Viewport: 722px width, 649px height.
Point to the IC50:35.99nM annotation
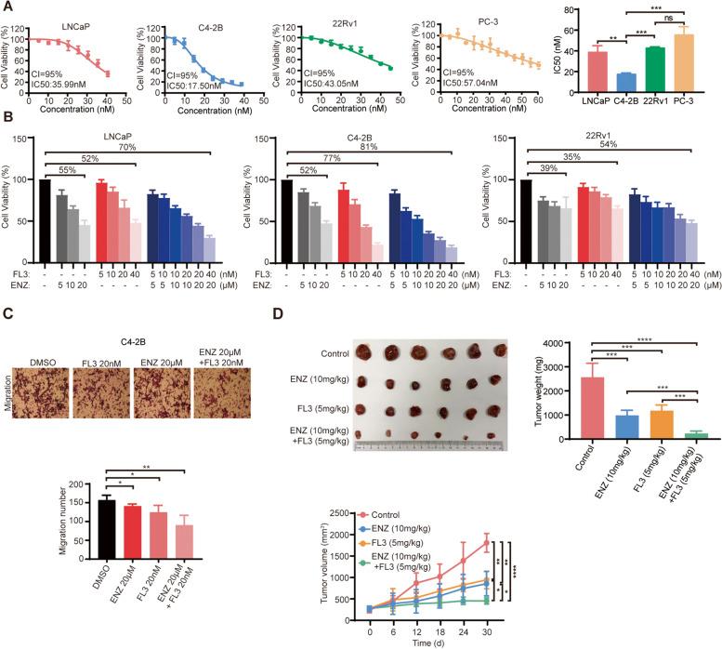click(x=40, y=87)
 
